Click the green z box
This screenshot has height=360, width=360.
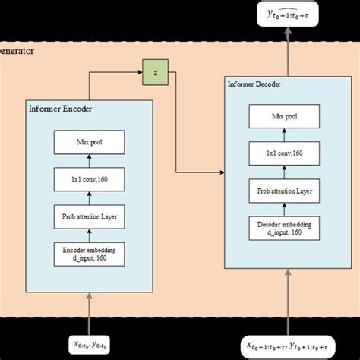point(155,74)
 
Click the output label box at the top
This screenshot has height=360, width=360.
point(289,13)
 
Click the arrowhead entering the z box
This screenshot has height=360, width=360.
point(142,74)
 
